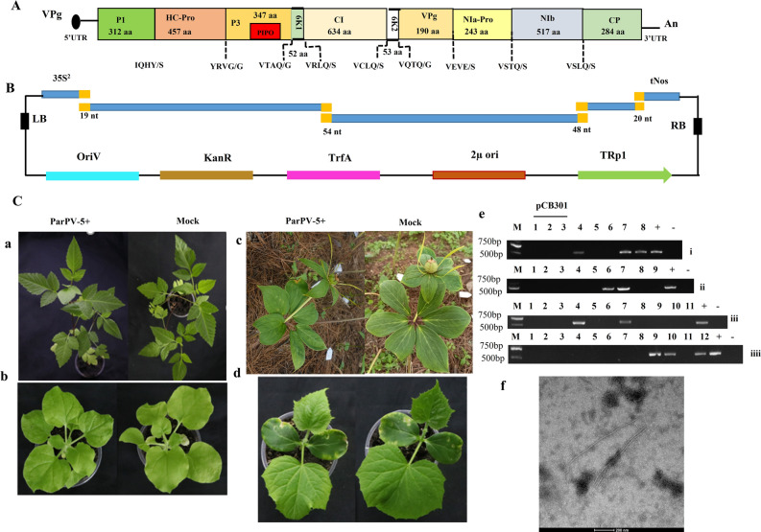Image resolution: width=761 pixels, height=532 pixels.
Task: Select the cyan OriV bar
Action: coord(92,175)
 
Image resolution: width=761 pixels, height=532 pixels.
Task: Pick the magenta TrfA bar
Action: coord(333,175)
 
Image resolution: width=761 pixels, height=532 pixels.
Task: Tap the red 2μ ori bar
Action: coord(479,175)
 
